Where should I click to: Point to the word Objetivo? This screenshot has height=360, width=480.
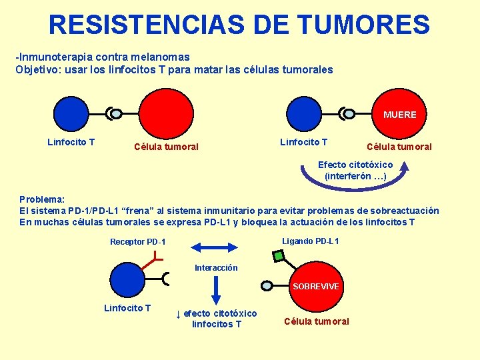pos(37,69)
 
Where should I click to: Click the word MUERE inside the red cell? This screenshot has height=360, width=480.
pos(400,115)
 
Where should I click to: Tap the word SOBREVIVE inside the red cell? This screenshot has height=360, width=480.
pos(316,286)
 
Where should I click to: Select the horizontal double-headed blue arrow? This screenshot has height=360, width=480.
pos(216,247)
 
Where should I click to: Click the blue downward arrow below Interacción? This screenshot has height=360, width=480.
pos(215,288)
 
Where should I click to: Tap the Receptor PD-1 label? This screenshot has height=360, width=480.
pos(138,242)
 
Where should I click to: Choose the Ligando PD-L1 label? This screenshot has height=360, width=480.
pos(311,241)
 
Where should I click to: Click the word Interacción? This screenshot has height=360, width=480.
pos(216,268)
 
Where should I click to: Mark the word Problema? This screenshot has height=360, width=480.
pos(41,199)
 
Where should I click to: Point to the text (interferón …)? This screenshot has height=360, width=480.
pos(355,176)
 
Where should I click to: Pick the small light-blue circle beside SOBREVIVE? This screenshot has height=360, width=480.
pos(267,286)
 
